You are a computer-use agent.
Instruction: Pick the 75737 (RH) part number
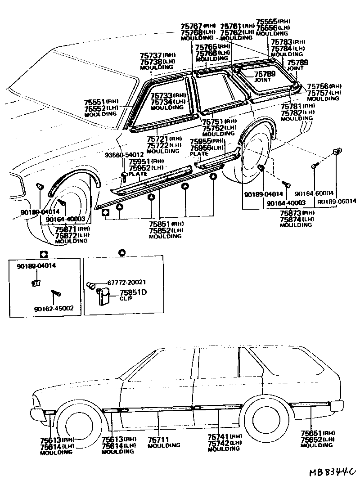[151, 55]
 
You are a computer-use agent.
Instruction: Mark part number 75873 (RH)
[290, 213]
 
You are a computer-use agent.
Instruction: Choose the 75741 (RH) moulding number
[218, 436]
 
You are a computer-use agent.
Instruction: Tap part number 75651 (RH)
[311, 433]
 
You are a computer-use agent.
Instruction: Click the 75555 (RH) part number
[266, 21]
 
